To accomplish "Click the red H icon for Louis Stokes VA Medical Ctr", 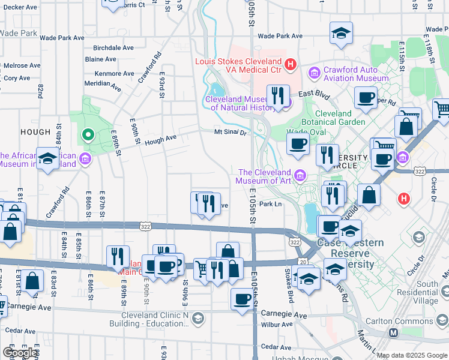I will tap(291, 63).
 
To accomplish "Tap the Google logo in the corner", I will tap(19, 353).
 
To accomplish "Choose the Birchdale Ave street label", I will tap(113, 48).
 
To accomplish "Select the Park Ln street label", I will tap(271, 205).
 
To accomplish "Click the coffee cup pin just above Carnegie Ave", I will tap(243, 298).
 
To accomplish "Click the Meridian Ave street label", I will tap(103, 84).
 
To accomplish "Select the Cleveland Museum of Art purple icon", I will tap(301, 175).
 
